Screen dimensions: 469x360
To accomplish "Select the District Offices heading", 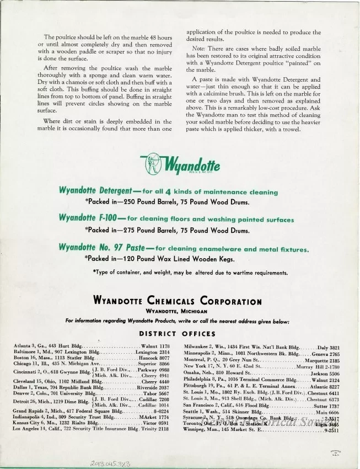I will (x=177, y=334).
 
